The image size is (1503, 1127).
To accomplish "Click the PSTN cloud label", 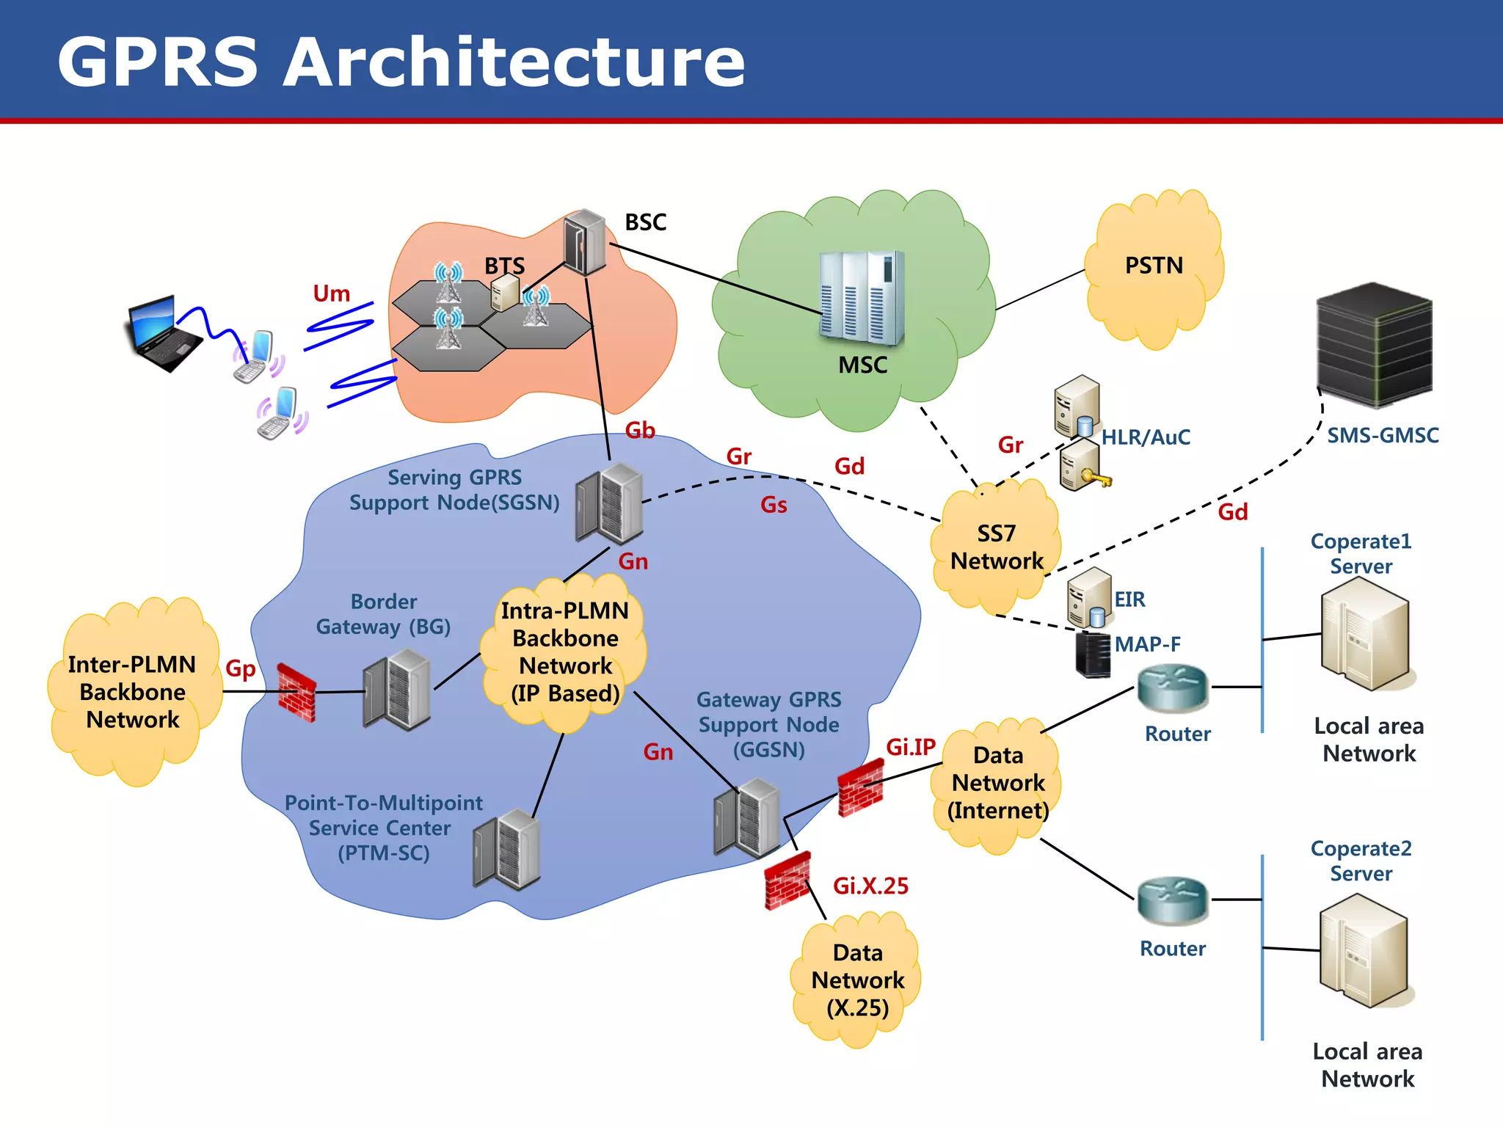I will [1154, 266].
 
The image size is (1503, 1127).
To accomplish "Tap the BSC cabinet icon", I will [584, 242].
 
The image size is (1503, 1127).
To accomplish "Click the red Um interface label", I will [331, 293].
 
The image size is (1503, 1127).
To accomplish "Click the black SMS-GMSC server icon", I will [1374, 345].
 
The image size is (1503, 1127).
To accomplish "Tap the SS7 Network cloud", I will [996, 547].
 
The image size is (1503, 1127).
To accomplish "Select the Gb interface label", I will [639, 431].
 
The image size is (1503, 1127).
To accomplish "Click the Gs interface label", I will [774, 505].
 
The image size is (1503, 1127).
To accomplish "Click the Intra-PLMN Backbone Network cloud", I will [565, 652].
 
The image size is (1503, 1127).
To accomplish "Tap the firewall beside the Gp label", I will [296, 692].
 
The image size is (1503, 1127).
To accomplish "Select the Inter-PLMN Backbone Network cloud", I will [133, 692].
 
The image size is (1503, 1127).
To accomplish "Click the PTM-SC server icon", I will [507, 849].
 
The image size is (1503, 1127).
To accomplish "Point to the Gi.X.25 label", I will [870, 886].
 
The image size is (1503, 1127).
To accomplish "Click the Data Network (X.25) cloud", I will [857, 980].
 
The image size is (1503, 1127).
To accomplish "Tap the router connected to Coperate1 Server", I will [1172, 687].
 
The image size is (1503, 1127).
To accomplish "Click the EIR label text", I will [1129, 599].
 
